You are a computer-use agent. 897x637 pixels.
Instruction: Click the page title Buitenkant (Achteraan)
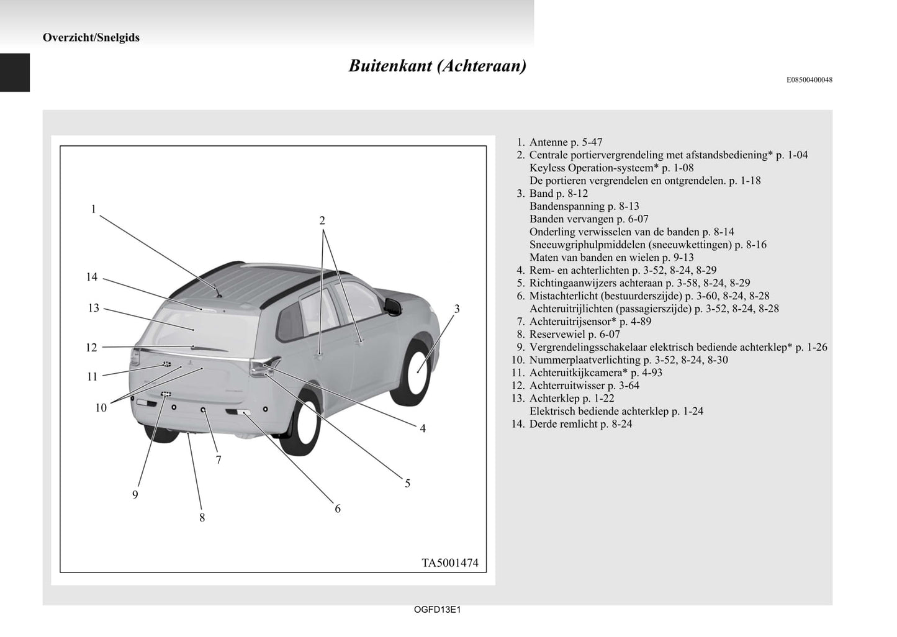(x=437, y=66)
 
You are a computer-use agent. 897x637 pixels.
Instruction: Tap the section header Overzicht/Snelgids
(x=91, y=37)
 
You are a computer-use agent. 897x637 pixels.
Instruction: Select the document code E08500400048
(x=809, y=80)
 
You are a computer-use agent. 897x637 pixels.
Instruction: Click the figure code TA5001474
(x=450, y=563)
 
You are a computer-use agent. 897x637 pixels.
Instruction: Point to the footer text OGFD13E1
(x=437, y=610)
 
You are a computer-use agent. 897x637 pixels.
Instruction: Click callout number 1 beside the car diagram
(x=94, y=209)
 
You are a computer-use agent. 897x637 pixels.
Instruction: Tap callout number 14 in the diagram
(x=92, y=277)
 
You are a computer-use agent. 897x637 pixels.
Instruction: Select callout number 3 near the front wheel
(x=457, y=309)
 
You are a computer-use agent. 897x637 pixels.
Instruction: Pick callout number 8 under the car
(x=202, y=517)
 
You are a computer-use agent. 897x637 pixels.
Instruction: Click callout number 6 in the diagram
(x=338, y=508)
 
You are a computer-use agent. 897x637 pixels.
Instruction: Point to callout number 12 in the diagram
(x=91, y=348)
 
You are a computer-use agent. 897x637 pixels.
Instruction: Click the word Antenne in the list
(x=548, y=142)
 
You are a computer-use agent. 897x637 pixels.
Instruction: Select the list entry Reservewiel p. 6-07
(x=574, y=334)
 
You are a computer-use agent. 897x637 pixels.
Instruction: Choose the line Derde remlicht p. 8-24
(x=580, y=424)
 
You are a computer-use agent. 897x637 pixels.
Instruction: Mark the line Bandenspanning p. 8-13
(x=584, y=206)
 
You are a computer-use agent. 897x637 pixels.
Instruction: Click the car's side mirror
(x=393, y=305)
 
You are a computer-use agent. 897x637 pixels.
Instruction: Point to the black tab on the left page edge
(x=15, y=72)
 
